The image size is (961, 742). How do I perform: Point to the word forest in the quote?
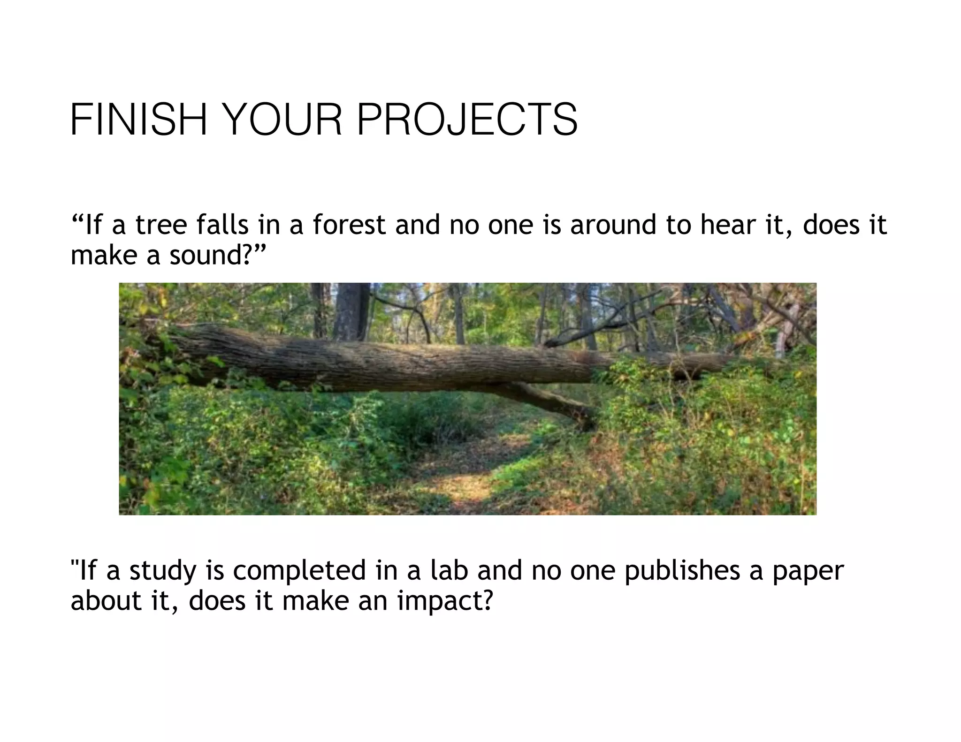point(349,225)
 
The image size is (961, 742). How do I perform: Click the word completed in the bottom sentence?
point(299,571)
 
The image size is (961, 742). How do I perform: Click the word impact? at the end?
point(445,601)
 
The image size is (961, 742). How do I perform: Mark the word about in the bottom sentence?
point(106,601)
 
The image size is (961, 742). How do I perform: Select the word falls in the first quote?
point(222,225)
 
